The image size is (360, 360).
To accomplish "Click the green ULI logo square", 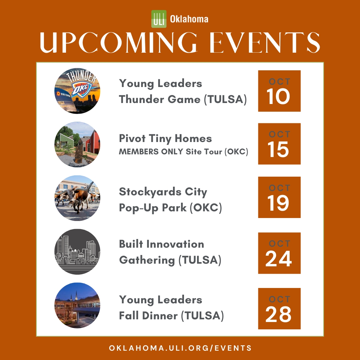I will click(x=159, y=19).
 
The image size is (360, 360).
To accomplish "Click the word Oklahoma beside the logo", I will click(x=189, y=19).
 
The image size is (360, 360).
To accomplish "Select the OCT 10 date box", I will click(x=279, y=91).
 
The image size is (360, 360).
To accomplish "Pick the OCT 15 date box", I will click(x=279, y=144).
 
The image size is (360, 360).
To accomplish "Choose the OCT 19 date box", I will click(x=279, y=197).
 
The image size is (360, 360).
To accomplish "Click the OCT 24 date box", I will click(x=279, y=253).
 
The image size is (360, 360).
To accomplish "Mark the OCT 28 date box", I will click(x=279, y=309).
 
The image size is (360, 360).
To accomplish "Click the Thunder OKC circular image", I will click(x=77, y=91).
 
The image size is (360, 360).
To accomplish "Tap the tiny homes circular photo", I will click(x=77, y=144).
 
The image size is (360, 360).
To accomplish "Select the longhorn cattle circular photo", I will click(x=77, y=198).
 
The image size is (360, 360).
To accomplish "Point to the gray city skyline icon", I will click(x=77, y=252).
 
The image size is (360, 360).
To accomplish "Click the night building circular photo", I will click(x=77, y=305).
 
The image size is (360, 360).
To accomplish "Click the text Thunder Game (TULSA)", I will click(x=183, y=99).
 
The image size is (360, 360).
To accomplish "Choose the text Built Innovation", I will click(x=161, y=244).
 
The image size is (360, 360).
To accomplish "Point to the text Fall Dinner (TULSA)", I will click(x=171, y=315).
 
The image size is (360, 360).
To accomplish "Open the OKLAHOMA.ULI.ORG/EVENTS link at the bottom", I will click(x=180, y=348).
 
